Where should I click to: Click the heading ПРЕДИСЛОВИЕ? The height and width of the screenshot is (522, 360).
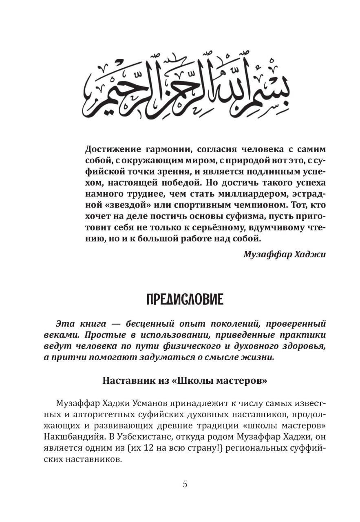click(185, 300)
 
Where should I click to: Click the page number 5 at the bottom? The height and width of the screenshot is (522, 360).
click(185, 484)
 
